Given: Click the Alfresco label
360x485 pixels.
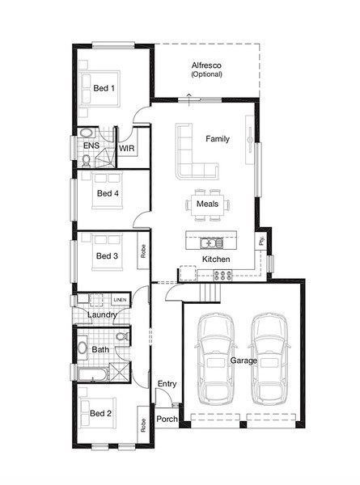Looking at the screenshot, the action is click(206, 65).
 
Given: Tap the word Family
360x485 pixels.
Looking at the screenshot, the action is click(218, 139).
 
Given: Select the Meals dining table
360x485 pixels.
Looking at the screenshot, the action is click(207, 205).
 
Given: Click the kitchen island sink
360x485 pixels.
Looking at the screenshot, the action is click(211, 242).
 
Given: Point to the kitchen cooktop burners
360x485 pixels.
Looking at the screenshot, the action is click(222, 275).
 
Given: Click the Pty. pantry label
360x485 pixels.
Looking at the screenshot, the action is click(261, 240).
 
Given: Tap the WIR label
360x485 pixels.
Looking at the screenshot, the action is click(127, 149).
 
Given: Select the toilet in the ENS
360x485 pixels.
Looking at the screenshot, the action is click(87, 161).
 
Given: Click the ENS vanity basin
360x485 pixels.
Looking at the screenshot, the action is click(86, 133).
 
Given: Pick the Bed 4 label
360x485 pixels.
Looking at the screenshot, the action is click(108, 194).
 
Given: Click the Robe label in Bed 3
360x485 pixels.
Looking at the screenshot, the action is click(143, 251).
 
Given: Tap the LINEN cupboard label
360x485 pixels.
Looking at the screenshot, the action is click(120, 300).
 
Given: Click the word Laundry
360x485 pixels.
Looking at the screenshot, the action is click(102, 315).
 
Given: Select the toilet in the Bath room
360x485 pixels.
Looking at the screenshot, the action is click(123, 336).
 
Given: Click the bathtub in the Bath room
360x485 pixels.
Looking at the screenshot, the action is click(93, 374).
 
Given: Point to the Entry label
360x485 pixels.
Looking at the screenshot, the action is click(167, 384).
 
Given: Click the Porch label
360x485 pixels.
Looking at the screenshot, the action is click(167, 419).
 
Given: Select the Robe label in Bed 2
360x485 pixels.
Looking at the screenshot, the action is click(143, 425).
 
